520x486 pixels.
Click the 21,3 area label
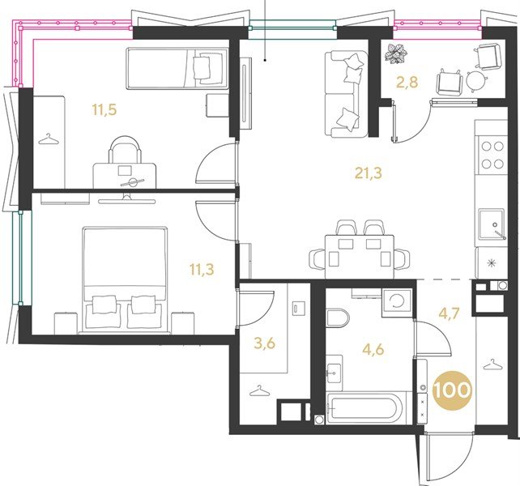click(x=369, y=173)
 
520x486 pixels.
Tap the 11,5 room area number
click(x=104, y=109)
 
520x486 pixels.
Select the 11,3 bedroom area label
click(x=202, y=270)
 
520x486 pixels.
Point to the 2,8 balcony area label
click(x=407, y=83)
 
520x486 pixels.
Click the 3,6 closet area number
click(x=264, y=343)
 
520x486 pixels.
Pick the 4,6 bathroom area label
click(x=373, y=349)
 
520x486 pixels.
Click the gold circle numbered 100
click(x=452, y=390)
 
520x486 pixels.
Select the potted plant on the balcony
click(x=395, y=53)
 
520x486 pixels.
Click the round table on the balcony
click(x=476, y=80)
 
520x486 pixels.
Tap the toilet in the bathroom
click(x=337, y=318)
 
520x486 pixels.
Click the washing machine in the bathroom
click(x=397, y=303)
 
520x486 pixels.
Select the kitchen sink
click(x=491, y=224)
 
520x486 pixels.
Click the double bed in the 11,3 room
click(x=125, y=280)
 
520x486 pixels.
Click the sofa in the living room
click(x=346, y=94)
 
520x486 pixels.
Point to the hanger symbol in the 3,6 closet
click(x=258, y=390)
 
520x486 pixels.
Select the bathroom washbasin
click(x=335, y=373)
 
